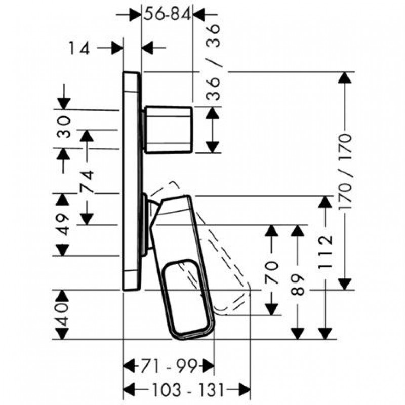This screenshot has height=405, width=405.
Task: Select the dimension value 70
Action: click(x=271, y=271)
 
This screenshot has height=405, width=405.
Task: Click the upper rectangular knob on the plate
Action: click(x=168, y=129)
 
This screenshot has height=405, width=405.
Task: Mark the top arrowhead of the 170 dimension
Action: click(x=345, y=77)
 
